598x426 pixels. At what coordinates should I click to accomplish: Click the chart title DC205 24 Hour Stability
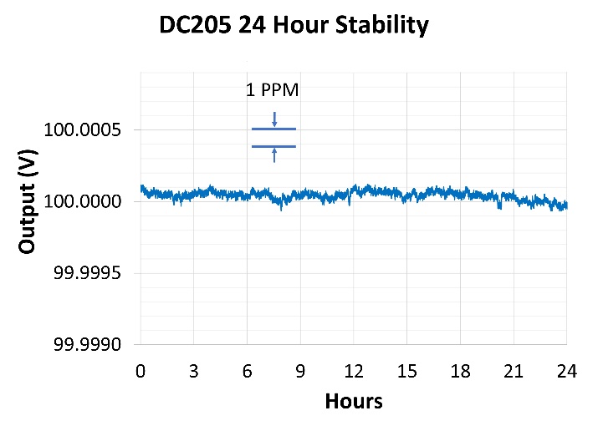[x=294, y=26]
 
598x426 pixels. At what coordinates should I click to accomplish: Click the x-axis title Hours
[x=353, y=402]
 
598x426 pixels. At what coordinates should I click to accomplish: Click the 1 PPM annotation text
[x=272, y=90]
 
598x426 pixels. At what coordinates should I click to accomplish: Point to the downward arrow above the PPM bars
[x=274, y=118]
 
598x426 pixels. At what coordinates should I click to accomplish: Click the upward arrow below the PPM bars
[x=274, y=155]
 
